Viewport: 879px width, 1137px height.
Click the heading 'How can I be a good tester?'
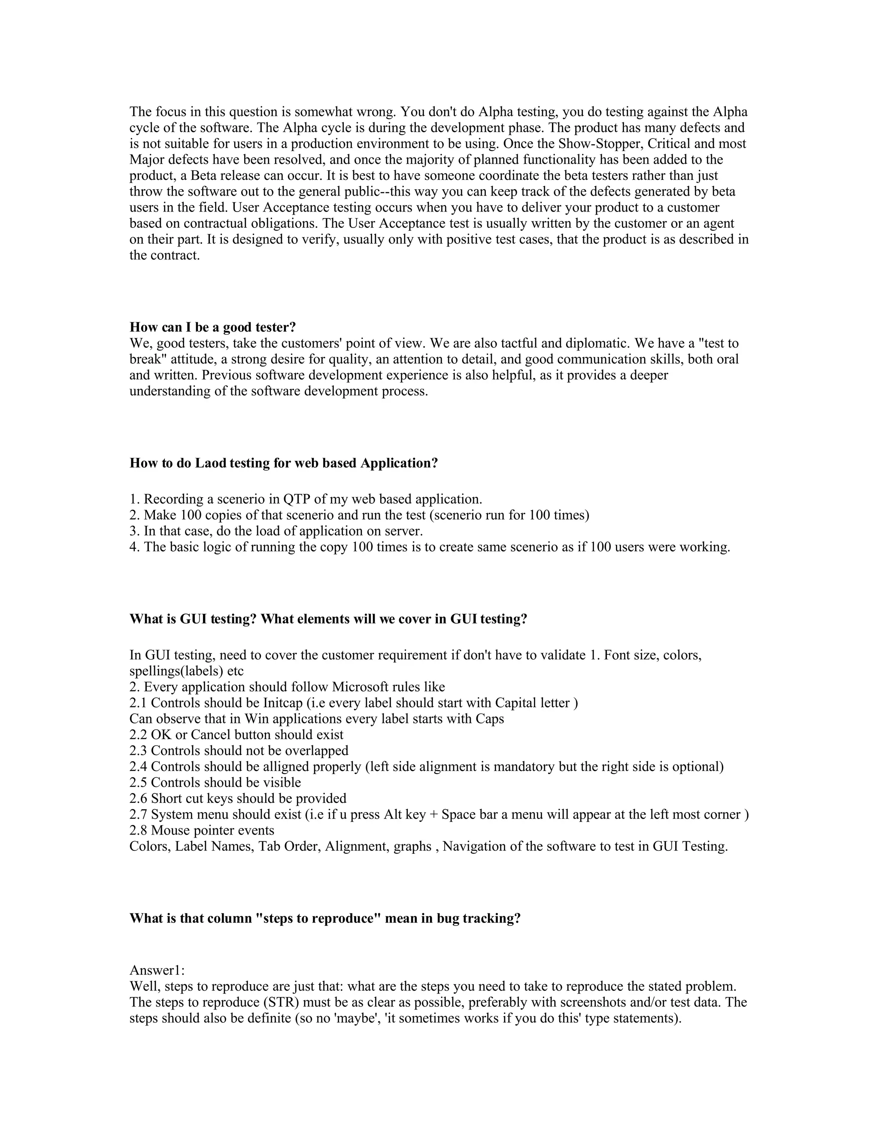[212, 327]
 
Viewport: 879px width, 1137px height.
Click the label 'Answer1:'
[157, 971]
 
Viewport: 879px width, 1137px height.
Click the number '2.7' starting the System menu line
[139, 815]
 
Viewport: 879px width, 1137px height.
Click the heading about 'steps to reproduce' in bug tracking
[325, 918]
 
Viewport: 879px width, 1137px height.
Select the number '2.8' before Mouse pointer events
[139, 830]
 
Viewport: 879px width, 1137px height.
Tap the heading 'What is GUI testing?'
[193, 620]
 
